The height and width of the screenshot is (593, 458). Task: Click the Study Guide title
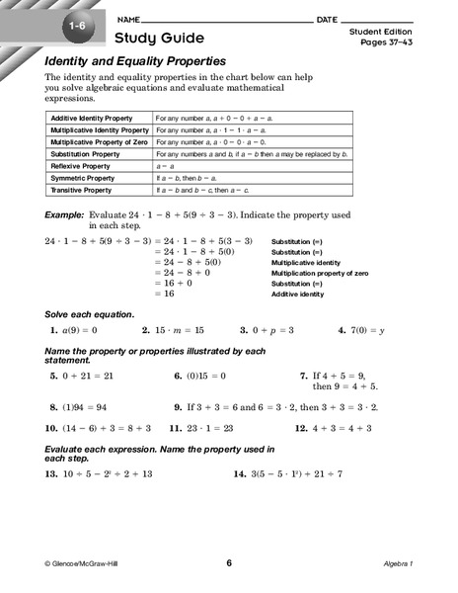[x=159, y=39]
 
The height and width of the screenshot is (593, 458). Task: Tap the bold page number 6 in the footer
[x=228, y=562]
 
